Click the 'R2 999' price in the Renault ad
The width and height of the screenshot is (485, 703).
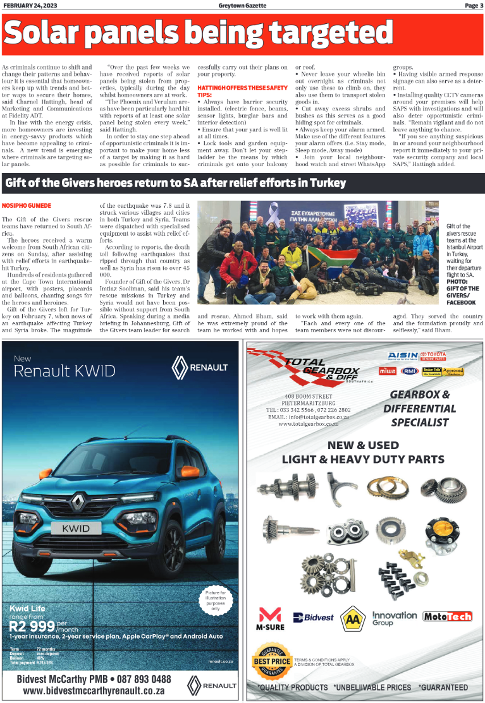tap(32, 627)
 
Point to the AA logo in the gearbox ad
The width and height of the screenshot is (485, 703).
tap(352, 618)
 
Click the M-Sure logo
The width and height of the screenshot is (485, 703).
tap(270, 619)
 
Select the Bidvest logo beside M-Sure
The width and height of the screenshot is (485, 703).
tap(313, 617)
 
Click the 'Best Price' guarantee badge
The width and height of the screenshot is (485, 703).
tap(272, 661)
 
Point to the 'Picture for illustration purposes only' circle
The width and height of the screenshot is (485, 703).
tap(215, 601)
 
